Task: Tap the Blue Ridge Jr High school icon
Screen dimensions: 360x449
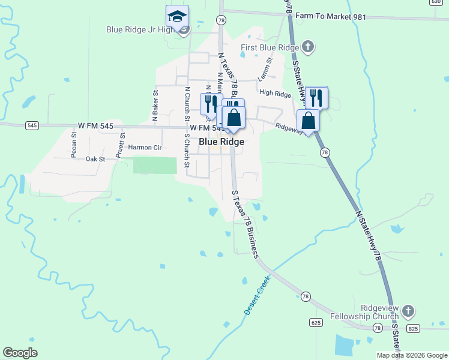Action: coord(177,16)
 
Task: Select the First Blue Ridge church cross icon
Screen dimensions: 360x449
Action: coord(307,47)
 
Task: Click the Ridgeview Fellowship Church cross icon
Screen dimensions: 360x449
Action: coord(408,311)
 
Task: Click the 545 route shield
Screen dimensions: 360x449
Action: coord(32,125)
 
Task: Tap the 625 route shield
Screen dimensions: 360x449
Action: coord(316,323)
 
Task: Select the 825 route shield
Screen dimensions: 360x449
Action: coord(412,328)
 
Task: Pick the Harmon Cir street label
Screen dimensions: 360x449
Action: coord(145,147)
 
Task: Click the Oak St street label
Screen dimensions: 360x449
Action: coord(95,159)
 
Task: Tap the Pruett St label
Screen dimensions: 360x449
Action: coord(121,144)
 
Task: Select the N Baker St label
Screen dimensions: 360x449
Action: coord(155,106)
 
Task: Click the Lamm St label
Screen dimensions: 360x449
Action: coord(265,69)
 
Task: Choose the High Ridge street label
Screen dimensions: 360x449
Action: coord(275,93)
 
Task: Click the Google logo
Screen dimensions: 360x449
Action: coord(20,353)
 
